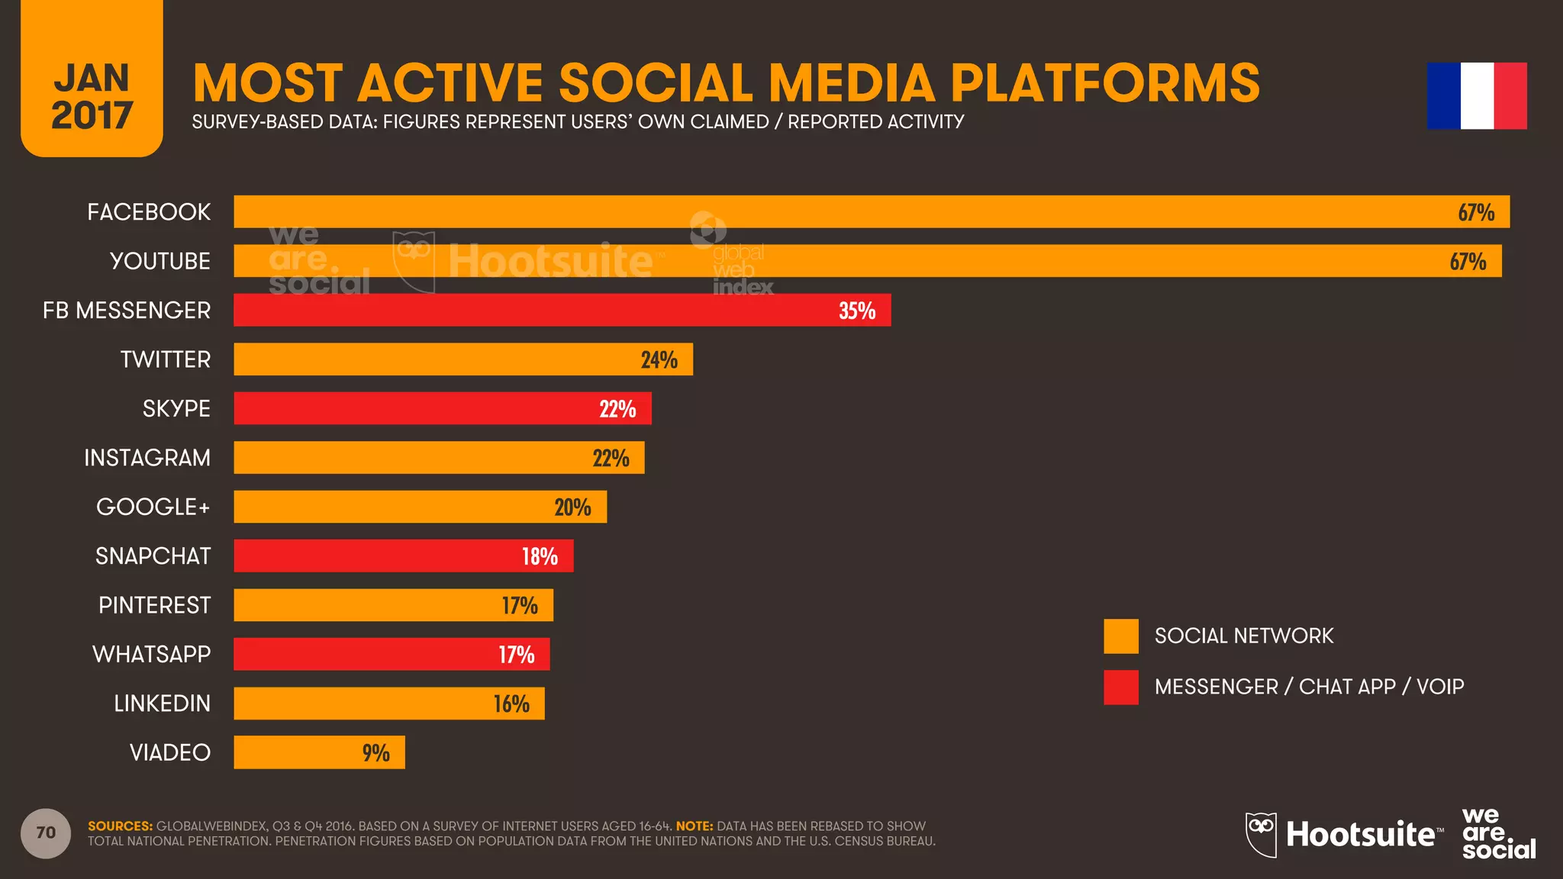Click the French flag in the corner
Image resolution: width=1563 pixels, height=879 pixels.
click(x=1477, y=96)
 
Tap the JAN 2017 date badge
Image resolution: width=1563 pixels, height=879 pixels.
click(x=92, y=95)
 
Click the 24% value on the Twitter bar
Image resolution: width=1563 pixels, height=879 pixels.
click(x=659, y=359)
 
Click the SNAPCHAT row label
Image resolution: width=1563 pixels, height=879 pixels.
click(x=153, y=556)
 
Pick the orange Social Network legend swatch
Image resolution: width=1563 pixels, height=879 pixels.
click(x=1120, y=636)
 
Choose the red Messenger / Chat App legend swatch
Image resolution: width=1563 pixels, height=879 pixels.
click(x=1120, y=687)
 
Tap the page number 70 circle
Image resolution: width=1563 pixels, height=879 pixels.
click(x=46, y=833)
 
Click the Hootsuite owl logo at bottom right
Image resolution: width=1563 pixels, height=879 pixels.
click(x=1262, y=834)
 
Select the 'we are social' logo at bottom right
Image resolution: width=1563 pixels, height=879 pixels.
click(x=1497, y=834)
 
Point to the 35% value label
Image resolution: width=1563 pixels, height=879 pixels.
click(x=856, y=311)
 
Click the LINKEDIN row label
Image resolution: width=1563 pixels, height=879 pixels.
click(x=162, y=704)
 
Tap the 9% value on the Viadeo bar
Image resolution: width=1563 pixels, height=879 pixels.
click(x=375, y=753)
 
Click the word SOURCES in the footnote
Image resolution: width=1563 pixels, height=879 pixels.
click(x=120, y=826)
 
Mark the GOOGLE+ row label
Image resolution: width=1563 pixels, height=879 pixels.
click(x=153, y=507)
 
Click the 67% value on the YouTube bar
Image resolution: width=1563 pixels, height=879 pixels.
click(x=1468, y=262)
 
